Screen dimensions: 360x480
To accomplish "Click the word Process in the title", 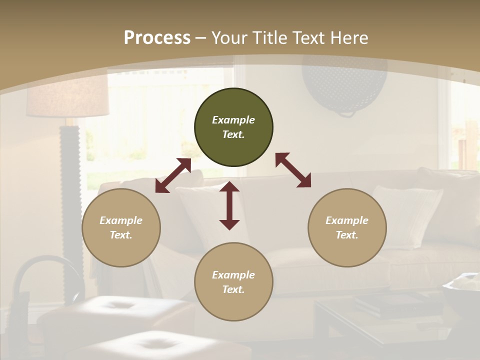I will pos(157,38).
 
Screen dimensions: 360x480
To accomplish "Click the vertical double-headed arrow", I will pos(229,205).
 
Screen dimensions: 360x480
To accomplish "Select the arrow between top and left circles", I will pos(173,175).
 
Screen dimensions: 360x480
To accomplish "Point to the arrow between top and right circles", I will pos(293,170).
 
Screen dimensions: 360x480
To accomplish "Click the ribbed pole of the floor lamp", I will pos(70,165).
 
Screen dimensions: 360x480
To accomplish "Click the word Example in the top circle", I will pos(233,120).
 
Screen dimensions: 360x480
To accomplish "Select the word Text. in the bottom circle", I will pos(233,289).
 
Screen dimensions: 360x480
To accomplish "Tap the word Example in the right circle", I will pos(347,220).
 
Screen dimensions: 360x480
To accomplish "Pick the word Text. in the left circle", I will pos(121,235).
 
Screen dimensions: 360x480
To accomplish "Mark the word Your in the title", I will pos(227,38).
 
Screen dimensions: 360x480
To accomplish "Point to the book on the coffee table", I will pos(382,302).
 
